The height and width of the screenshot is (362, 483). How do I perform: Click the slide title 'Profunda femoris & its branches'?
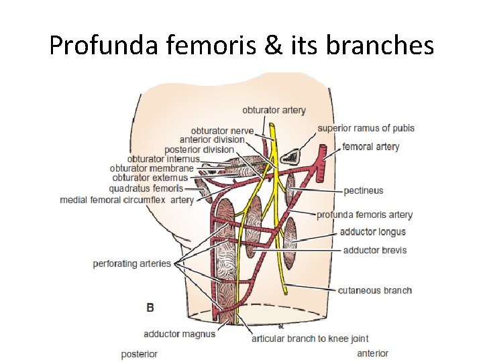point(241,46)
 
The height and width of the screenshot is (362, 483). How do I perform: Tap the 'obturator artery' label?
point(274,110)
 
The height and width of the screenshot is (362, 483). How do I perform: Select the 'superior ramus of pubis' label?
point(366,128)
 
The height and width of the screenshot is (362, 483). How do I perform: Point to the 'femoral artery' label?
point(370,147)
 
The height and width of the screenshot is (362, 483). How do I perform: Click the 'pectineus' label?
point(363,190)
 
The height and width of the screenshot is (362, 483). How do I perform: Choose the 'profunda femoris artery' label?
point(364,215)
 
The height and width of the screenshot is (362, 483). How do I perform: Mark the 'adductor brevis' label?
point(374,250)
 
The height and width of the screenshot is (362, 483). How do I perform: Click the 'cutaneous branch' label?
point(375,290)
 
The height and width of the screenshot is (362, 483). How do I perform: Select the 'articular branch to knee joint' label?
point(310,339)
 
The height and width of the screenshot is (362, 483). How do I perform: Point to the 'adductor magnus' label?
point(179,334)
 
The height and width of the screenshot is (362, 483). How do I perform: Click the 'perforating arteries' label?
point(132,263)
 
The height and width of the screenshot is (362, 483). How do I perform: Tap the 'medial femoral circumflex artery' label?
point(127,200)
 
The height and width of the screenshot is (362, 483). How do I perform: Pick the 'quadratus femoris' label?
point(146,188)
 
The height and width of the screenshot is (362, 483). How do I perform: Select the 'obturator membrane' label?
point(151,168)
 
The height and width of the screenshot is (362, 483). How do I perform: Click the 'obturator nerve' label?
point(222,130)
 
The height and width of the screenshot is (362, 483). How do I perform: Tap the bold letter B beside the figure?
point(150,307)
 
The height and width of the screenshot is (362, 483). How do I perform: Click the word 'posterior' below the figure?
point(139,353)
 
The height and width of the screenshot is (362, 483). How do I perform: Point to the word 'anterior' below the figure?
point(372,353)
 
